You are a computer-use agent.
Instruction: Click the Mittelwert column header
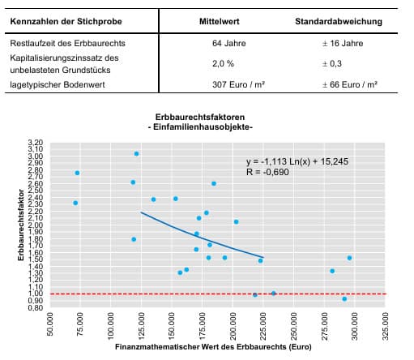tap(220, 22)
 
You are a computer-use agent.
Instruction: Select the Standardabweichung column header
tap(339, 22)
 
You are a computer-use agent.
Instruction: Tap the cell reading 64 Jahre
tap(229, 43)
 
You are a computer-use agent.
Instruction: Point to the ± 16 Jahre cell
tap(343, 43)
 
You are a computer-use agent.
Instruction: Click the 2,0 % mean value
tap(223, 63)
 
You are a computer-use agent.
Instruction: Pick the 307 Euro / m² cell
tap(238, 84)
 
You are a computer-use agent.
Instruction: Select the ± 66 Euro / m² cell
tap(350, 84)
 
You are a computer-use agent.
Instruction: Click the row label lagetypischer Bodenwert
tap(58, 84)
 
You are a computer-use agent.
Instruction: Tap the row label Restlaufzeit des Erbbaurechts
tap(68, 43)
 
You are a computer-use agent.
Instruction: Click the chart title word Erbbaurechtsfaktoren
tap(200, 117)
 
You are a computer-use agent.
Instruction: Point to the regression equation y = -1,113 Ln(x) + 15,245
tap(297, 161)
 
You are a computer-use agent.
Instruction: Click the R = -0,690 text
tap(267, 172)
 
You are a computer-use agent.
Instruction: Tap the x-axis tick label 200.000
tap(233, 326)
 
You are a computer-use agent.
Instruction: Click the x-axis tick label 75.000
tap(80, 324)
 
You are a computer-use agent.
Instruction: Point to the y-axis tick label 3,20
tap(36, 143)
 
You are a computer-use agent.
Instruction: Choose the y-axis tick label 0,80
tap(36, 307)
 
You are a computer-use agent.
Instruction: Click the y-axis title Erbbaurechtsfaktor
tap(21, 225)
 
